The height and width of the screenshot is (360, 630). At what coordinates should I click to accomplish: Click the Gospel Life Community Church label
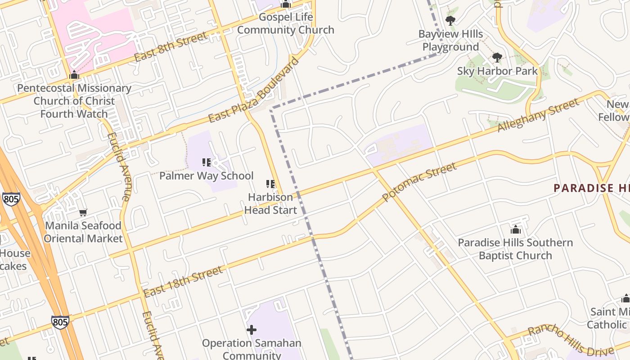click(285, 24)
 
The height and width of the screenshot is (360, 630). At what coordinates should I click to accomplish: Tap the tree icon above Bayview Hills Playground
click(450, 20)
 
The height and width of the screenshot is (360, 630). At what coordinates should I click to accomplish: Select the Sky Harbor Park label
click(497, 71)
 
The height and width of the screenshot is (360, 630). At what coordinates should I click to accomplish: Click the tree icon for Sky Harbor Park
click(497, 57)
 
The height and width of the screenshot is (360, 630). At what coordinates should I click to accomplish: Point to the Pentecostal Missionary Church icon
click(74, 75)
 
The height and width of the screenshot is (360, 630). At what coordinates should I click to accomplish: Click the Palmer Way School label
click(207, 176)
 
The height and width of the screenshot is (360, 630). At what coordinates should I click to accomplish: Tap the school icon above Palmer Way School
click(207, 162)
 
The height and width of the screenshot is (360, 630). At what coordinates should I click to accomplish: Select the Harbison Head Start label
click(270, 203)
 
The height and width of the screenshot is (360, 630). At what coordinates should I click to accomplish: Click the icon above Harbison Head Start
click(270, 184)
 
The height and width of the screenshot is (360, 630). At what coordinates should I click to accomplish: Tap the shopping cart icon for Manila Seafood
click(83, 212)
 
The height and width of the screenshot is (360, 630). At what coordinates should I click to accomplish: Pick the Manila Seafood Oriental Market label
click(83, 232)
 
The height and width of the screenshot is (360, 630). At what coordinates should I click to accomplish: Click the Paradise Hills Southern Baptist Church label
click(515, 249)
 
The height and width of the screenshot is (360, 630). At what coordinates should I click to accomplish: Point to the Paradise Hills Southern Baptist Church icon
click(516, 230)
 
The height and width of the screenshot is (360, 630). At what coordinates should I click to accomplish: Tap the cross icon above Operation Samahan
click(252, 330)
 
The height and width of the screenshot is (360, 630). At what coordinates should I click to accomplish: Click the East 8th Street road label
click(171, 46)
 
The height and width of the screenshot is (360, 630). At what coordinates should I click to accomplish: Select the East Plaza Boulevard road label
click(254, 90)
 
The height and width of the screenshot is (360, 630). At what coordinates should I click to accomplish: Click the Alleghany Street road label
click(538, 115)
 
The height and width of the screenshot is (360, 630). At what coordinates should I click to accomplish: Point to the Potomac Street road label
click(419, 182)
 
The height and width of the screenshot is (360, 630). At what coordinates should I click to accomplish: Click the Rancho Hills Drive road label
click(570, 341)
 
